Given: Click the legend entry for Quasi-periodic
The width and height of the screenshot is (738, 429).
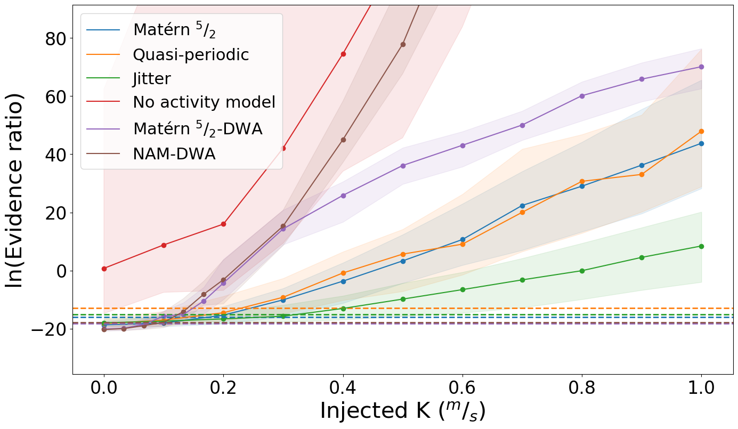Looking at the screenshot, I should tap(191, 54).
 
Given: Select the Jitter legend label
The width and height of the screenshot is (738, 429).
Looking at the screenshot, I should tap(152, 78).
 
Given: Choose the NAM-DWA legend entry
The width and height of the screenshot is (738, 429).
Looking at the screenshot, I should tap(174, 154).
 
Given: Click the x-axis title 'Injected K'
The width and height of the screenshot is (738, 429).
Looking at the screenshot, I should tap(402, 411).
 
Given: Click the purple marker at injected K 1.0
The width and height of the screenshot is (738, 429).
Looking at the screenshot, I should tap(701, 67).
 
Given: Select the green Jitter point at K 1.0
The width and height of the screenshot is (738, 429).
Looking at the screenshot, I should tap(701, 246).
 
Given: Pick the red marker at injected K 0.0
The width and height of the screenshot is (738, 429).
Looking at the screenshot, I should tap(104, 269).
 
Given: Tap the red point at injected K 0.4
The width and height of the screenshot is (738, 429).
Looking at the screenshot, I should tap(343, 54).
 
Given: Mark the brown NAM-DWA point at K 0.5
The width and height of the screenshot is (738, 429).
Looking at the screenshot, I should tap(403, 44).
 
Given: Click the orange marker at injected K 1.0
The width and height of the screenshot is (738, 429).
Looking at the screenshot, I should tap(701, 131).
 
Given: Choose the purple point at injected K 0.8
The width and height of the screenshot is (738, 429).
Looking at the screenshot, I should tap(582, 96).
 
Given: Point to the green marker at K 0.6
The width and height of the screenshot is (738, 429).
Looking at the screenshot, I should tap(463, 289).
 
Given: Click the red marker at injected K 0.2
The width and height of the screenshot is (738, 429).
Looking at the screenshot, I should tap(223, 224).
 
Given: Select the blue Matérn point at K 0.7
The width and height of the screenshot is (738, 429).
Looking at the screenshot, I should tap(522, 206).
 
